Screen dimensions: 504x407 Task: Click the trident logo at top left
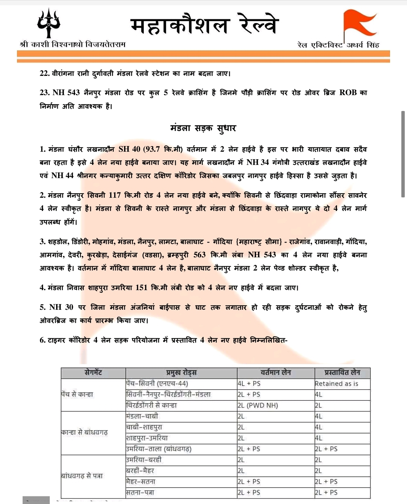coord(49,23)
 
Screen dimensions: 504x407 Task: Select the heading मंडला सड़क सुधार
coord(203,128)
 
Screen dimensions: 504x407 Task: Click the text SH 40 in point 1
coord(129,149)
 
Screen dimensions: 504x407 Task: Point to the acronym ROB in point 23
coord(348,92)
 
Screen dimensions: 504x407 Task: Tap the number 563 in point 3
coord(199,255)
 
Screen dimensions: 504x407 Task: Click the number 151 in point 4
coord(141,287)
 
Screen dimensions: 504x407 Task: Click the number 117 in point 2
coord(115,195)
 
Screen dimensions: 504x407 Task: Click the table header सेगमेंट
coord(93,373)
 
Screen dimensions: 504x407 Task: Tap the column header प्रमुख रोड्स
coord(181,373)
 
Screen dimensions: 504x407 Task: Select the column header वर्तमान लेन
coord(276,373)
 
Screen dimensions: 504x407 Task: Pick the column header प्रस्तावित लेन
coord(342,373)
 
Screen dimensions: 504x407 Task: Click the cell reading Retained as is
coord(337,384)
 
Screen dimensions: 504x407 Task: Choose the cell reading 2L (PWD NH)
coord(258,406)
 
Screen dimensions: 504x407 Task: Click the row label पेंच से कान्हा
coord(77,394)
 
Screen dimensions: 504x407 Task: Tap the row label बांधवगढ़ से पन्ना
coord(82,476)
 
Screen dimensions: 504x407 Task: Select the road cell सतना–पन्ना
coord(140,492)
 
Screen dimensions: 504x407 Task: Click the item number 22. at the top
coord(44,73)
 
